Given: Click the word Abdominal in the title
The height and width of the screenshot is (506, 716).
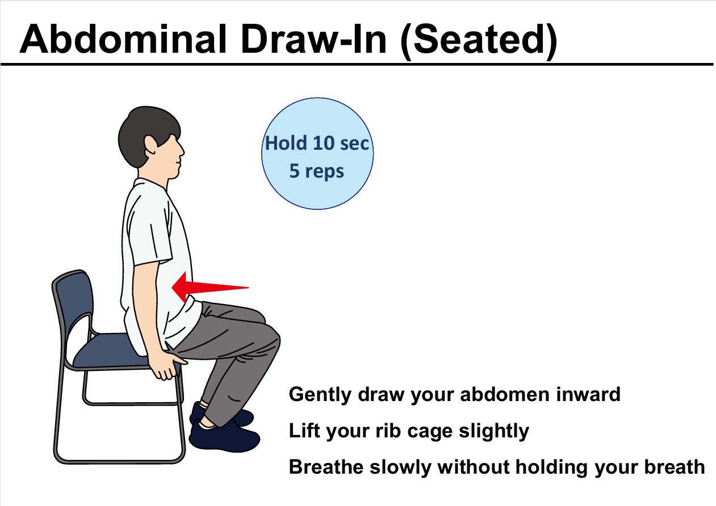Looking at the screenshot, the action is coord(123,39).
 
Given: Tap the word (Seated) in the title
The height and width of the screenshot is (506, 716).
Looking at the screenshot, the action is coord(479,41).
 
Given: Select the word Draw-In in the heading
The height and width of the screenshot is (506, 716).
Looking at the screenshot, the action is coord(313,39).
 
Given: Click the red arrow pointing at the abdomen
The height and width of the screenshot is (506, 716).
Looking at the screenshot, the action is coord(210,287).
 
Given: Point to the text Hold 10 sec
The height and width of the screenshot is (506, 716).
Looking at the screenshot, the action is coord(317,143).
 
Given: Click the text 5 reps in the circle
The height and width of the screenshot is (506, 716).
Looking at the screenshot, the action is coord(316,171).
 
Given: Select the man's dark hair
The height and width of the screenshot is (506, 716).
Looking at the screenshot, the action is coord(147,134).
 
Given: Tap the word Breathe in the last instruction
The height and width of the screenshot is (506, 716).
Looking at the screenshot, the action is coord(326,467).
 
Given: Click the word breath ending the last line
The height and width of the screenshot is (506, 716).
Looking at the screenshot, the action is coord(675,467).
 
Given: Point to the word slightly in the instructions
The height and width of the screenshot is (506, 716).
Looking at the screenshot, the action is coord(494,431).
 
